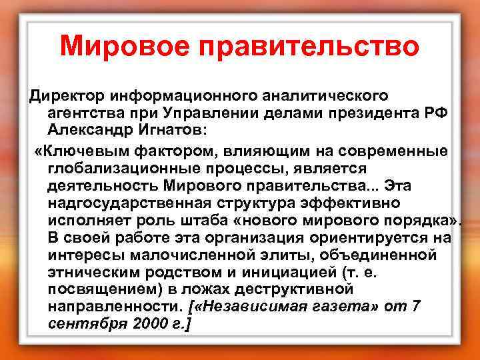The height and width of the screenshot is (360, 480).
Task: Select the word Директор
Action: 67,96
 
